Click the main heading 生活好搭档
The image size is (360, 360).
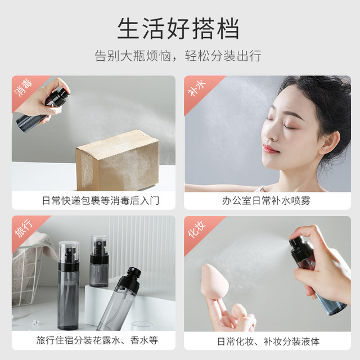coord(178,29)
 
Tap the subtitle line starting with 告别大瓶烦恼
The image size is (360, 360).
coord(178,56)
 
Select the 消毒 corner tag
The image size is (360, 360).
coord(24,88)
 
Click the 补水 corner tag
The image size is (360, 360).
coord(197,88)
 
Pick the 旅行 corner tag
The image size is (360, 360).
coord(24,228)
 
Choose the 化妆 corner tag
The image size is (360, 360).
coord(197,229)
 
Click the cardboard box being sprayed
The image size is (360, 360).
coord(118,161)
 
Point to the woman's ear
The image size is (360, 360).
coord(330,142)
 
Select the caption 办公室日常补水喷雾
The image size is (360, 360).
coord(266,201)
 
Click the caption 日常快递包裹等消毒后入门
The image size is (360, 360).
coord(101,201)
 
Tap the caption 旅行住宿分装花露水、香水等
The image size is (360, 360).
coord(97,340)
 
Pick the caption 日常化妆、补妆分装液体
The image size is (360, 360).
coord(268,341)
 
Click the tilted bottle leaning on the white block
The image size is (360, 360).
coord(119,298)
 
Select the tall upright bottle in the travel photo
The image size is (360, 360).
coord(69,285)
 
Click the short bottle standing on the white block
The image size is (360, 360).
coord(99,261)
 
